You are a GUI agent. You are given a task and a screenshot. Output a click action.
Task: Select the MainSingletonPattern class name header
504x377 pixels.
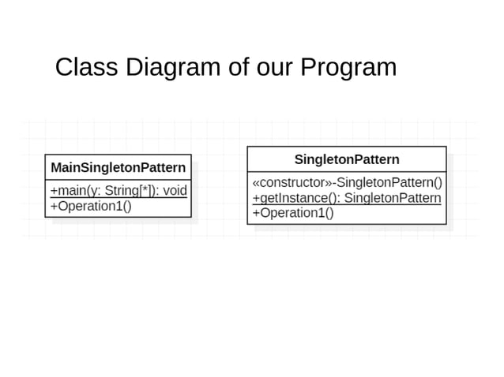coord(118,167)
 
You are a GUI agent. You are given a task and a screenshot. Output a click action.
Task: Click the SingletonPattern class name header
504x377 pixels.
coord(347,159)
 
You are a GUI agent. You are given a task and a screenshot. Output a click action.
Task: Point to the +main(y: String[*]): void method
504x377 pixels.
coord(118,190)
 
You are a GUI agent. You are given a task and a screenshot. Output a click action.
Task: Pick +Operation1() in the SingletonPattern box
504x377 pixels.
coord(292,213)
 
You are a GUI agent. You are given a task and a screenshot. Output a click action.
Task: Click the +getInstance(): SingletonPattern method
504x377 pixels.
coord(346,198)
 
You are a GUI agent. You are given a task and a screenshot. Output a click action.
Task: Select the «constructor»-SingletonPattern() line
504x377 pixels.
coord(346,183)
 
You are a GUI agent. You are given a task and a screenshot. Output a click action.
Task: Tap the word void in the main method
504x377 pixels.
coord(174,190)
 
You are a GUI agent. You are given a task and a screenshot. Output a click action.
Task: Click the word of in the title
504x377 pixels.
coord(238,68)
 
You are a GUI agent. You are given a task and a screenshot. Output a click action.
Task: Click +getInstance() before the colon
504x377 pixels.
coord(293,198)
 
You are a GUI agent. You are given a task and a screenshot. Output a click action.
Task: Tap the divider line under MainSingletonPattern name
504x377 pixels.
coord(118,181)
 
